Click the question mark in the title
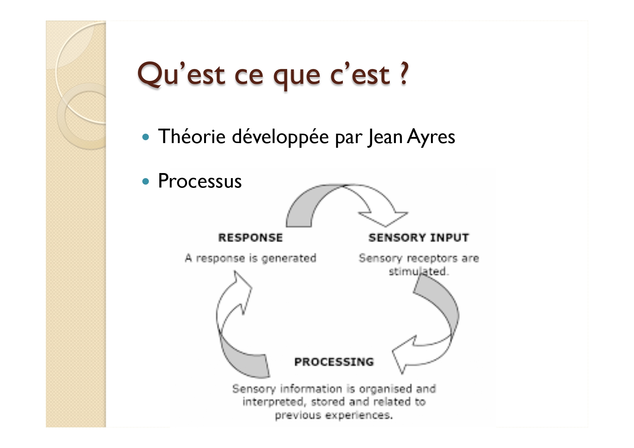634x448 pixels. [x=404, y=73]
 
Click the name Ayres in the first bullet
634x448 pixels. [x=431, y=137]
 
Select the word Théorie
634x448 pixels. [x=192, y=136]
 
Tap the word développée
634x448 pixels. [x=280, y=137]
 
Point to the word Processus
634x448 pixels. [x=200, y=181]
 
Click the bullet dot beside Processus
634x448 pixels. [x=146, y=181]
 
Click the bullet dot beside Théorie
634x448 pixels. [x=146, y=137]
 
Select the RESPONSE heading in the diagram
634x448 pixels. [x=250, y=238]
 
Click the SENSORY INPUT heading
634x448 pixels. [x=419, y=238]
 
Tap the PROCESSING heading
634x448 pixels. [x=334, y=362]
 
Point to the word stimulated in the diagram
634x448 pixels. [x=418, y=271]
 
